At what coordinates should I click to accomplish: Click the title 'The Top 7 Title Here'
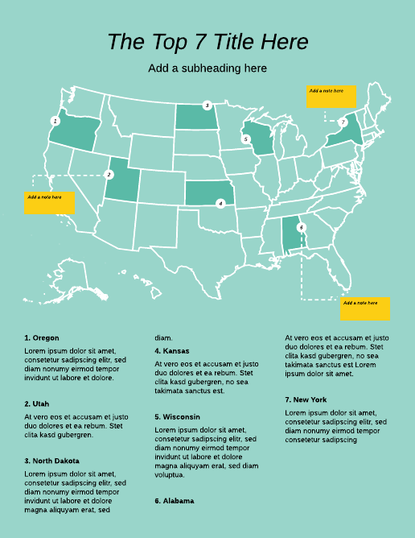pos(207,42)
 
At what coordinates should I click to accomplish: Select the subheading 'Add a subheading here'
pos(207,68)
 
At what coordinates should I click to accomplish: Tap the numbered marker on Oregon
pos(55,121)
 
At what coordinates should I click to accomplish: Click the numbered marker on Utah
pos(109,174)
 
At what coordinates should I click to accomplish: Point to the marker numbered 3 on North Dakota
pos(207,106)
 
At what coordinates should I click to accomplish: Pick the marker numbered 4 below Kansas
pos(220,204)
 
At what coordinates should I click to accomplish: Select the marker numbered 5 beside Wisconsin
pos(246,139)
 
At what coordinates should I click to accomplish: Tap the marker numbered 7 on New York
pos(343,122)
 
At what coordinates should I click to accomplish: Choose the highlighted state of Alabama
pos(292,237)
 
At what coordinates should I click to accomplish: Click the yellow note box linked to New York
pos(331,96)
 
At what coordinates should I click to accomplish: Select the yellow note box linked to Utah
pos(49,202)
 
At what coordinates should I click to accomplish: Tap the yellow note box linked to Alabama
pos(365,308)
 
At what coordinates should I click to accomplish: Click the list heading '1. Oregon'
pos(42,337)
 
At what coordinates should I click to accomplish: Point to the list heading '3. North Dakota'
pos(51,461)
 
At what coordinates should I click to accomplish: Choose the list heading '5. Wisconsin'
pos(177,416)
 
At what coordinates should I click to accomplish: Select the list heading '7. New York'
pos(306,399)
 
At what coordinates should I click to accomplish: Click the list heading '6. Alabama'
pos(174,501)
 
